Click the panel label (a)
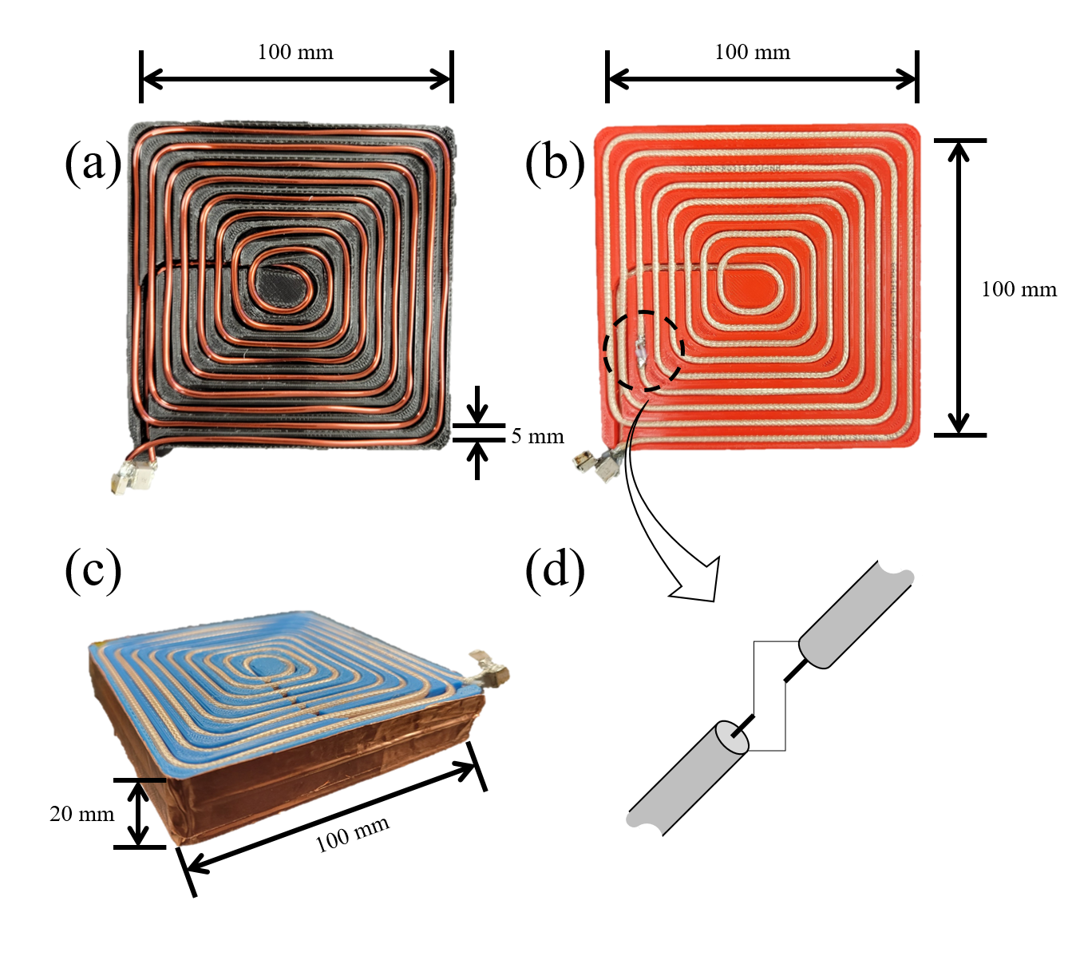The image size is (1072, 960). point(93,163)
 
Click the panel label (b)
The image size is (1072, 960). point(555,163)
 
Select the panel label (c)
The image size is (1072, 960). point(93,569)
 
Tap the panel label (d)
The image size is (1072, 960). point(555,569)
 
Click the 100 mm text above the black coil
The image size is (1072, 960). point(295,53)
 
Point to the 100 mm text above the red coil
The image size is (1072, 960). point(752,53)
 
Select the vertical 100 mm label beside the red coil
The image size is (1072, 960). point(1019,289)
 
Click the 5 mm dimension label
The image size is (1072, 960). point(537,437)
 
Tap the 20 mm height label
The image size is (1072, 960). point(81,814)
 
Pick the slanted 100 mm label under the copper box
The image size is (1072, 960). point(352,835)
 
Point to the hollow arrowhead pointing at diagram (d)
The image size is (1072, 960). point(698,581)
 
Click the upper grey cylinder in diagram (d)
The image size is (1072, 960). point(854,613)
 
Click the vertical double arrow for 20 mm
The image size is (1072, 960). point(139,813)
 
